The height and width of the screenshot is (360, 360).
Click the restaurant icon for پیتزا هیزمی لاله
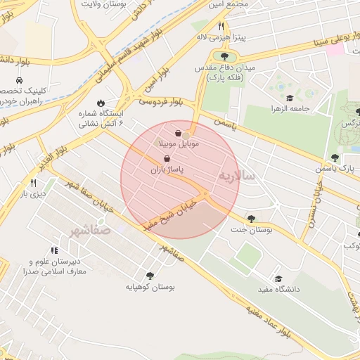coord(221,25)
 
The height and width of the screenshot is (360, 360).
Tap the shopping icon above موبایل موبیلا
coord(179,132)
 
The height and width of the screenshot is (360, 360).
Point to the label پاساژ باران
coord(166,170)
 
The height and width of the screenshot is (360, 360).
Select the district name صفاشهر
coord(91,230)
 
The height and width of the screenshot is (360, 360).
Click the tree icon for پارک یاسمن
coord(335,157)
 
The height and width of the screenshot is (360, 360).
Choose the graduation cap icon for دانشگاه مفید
coord(278,278)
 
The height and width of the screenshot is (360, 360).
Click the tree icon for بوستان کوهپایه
coord(149,275)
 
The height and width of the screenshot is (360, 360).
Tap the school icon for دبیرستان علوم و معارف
coord(54,250)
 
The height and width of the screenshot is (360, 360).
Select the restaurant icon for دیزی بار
coord(33,183)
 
